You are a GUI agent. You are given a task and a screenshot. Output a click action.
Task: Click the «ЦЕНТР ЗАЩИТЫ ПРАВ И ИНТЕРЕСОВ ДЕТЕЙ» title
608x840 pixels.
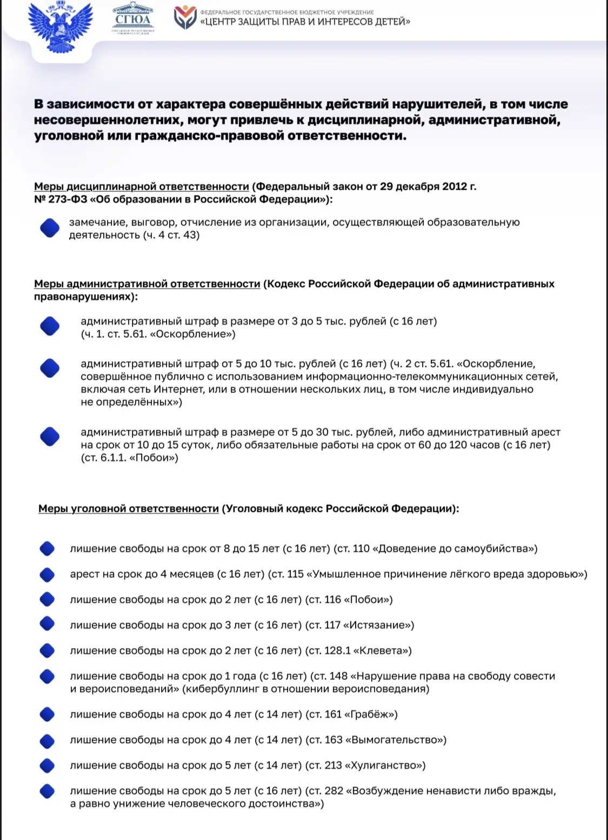[305, 22]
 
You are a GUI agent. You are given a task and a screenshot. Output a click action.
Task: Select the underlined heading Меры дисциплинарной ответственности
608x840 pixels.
[141, 186]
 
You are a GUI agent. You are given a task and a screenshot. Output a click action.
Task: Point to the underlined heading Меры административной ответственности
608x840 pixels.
[147, 284]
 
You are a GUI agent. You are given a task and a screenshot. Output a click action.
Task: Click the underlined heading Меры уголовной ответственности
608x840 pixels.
[129, 509]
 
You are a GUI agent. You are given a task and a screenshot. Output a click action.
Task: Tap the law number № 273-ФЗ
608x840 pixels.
[61, 199]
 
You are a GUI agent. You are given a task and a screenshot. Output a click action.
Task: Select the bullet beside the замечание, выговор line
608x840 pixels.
[50, 228]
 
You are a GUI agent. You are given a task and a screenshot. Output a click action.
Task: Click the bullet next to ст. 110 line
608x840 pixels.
[48, 549]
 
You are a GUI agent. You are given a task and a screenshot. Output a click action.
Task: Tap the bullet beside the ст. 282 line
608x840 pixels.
[48, 791]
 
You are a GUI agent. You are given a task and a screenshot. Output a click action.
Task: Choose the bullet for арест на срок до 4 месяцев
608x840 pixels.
[48, 574]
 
